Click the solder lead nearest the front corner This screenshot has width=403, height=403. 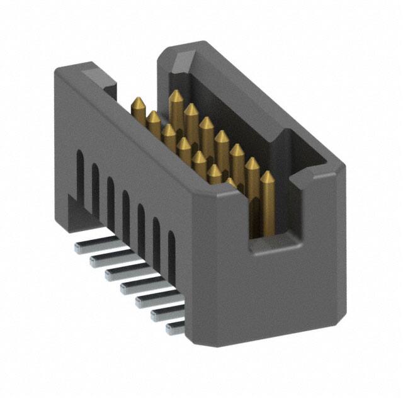point(174,327)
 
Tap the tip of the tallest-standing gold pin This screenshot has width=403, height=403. point(176,96)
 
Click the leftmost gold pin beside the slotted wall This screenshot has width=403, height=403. point(138,105)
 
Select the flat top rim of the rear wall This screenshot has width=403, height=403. point(264,94)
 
